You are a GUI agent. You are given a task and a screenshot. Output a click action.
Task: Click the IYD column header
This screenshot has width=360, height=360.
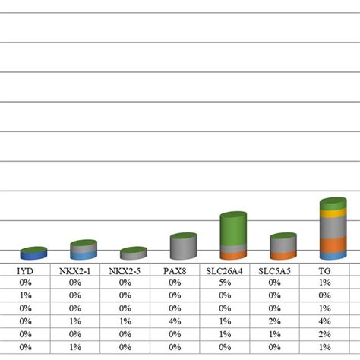(24, 270)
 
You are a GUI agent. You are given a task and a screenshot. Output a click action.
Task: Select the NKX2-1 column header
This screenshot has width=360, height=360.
(74, 270)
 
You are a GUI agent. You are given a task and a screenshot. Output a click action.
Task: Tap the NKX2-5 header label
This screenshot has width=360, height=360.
(125, 270)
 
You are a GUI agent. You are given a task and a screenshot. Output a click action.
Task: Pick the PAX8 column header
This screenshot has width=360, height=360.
(175, 270)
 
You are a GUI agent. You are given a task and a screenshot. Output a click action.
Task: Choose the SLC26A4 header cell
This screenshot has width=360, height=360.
(225, 270)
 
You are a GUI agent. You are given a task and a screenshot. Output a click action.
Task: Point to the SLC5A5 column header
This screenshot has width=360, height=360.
(275, 270)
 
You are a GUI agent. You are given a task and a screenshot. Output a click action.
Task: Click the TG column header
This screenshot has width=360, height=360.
(325, 270)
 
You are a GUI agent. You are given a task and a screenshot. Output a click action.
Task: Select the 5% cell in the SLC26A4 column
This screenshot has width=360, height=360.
(225, 283)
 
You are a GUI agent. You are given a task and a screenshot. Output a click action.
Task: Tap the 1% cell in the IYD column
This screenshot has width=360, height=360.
(24, 295)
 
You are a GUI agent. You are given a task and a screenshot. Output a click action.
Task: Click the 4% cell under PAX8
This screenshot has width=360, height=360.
(175, 321)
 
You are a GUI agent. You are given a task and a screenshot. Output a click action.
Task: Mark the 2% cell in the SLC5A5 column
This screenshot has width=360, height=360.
(275, 321)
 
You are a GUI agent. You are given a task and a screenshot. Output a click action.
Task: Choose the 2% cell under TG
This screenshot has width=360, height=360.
(325, 334)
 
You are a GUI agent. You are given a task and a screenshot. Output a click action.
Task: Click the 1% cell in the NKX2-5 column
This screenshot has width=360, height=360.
(125, 321)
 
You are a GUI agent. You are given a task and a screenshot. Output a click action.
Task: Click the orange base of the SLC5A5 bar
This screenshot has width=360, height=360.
(283, 255)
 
